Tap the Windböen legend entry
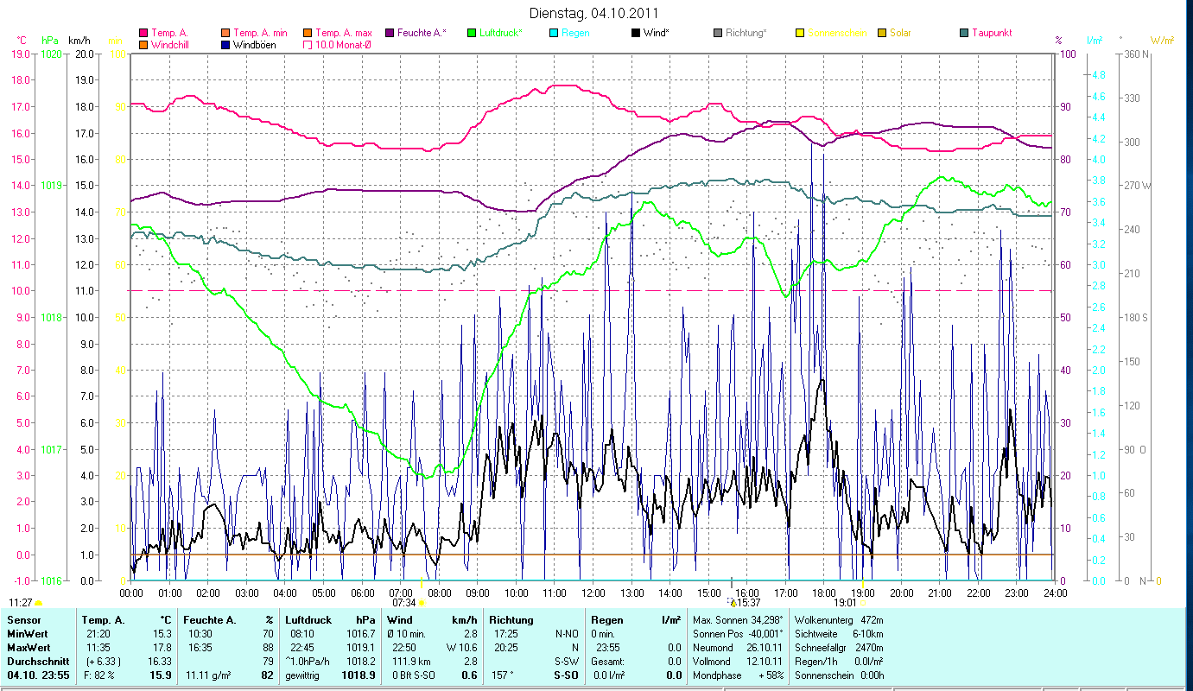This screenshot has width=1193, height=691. tap(254, 44)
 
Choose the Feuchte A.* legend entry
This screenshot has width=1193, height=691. tap(421, 33)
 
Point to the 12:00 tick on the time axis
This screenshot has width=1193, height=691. tap(593, 593)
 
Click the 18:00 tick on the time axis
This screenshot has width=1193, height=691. tap(824, 593)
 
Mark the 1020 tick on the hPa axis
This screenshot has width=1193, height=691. tap(51, 54)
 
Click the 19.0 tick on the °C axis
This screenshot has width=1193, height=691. tap(21, 54)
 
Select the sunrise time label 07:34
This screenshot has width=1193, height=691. tap(403, 603)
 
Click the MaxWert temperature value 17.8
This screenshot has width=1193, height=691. tap(160, 647)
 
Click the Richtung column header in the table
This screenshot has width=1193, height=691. tap(511, 620)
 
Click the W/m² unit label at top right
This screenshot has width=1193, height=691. tap(1162, 40)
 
